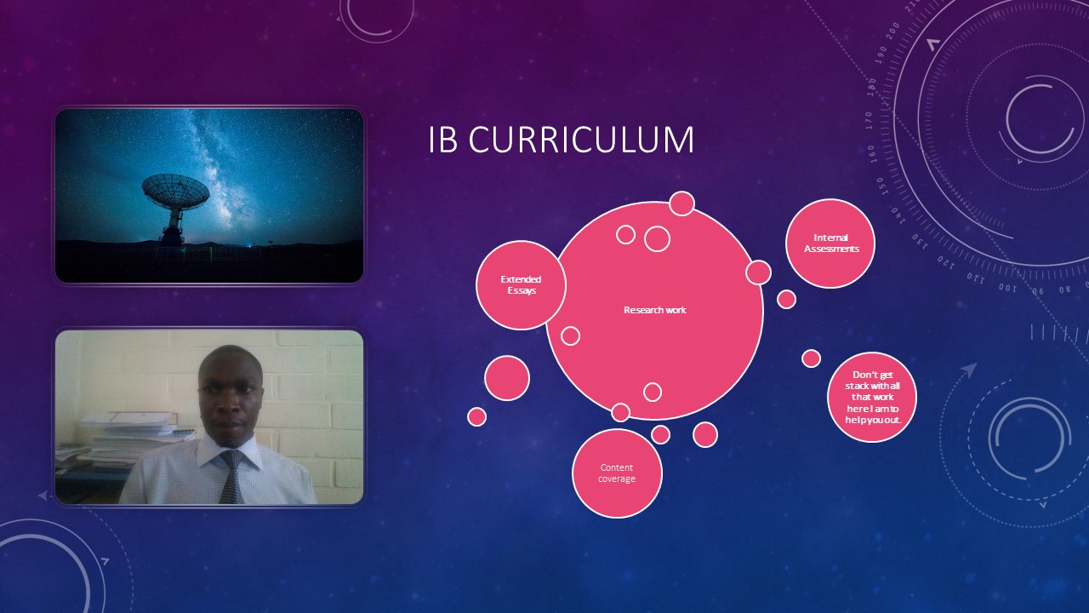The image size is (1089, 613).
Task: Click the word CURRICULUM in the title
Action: pos(581,140)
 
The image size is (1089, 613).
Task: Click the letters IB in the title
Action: pos(442,140)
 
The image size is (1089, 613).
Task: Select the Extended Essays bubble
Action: pos(521,285)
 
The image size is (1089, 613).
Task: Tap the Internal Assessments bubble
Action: pos(830,243)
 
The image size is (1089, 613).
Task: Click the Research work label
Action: pos(655,310)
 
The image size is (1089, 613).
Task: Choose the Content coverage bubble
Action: pos(617,473)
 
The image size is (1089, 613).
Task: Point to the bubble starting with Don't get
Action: pos(872,397)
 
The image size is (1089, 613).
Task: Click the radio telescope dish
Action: pos(175,192)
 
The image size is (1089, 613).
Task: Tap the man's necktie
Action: pos(232,477)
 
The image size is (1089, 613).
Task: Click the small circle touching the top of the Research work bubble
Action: pos(681,203)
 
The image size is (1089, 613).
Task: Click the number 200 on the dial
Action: pos(893,32)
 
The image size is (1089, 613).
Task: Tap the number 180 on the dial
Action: pos(872,87)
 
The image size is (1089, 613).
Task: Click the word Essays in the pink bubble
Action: pos(522,291)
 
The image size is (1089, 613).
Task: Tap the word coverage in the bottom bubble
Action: pos(617,479)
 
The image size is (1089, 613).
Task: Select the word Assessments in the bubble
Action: pos(831,249)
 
